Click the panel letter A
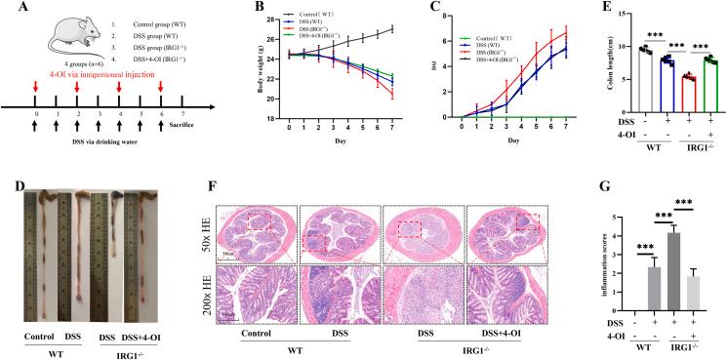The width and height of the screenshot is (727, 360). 8,10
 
